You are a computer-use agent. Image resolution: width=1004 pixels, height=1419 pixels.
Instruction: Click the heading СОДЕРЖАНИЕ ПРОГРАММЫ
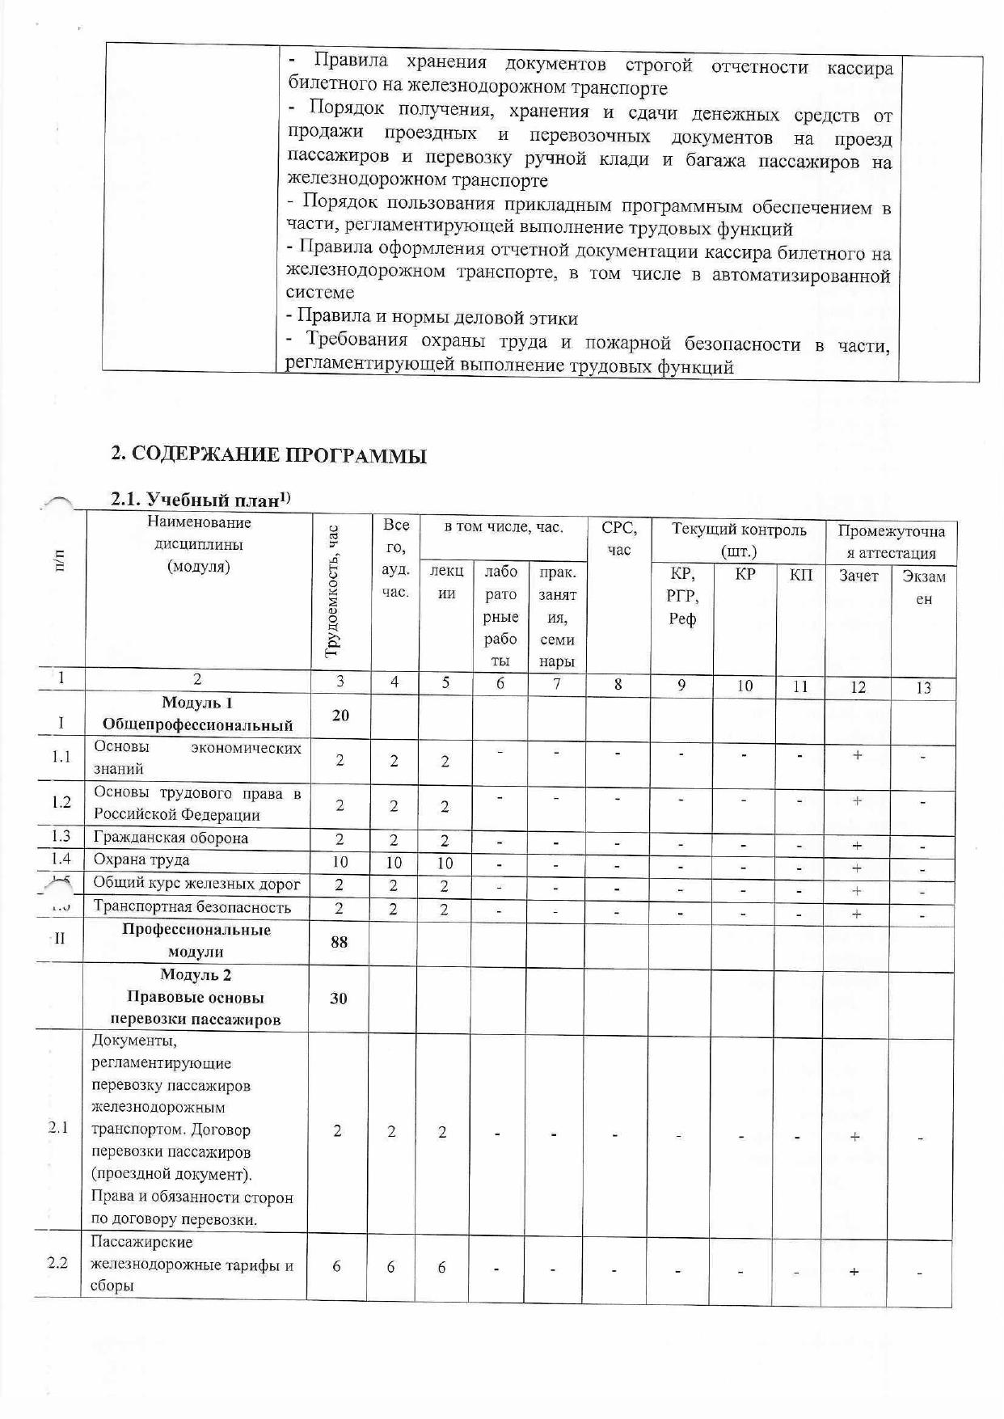pyautogui.click(x=268, y=454)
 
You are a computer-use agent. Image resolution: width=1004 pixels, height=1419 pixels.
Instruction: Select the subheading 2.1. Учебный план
pyautogui.click(x=200, y=500)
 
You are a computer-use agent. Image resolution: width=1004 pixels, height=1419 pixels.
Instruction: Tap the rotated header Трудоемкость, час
pyautogui.click(x=332, y=591)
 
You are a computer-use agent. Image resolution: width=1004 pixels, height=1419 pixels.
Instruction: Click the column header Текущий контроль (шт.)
pyautogui.click(x=738, y=540)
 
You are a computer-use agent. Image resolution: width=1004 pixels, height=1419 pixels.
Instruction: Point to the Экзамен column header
pyautogui.click(x=923, y=588)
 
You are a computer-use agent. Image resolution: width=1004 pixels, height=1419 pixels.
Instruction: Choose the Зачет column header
pyautogui.click(x=858, y=576)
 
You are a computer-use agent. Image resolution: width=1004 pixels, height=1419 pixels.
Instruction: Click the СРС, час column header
pyautogui.click(x=618, y=538)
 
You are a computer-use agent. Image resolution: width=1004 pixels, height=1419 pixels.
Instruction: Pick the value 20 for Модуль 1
pyautogui.click(x=340, y=715)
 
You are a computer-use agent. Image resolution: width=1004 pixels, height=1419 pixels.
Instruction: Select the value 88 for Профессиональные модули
pyautogui.click(x=340, y=941)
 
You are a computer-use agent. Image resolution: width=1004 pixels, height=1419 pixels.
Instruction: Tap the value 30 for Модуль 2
pyautogui.click(x=339, y=998)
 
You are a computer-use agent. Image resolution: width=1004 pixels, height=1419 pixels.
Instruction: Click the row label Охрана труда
pyautogui.click(x=141, y=859)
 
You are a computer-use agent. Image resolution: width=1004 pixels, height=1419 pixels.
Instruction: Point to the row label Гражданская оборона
pyautogui.click(x=171, y=838)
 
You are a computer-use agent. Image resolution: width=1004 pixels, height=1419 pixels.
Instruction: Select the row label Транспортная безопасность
pyautogui.click(x=192, y=907)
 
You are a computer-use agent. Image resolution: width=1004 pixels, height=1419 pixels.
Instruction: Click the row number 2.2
pyautogui.click(x=57, y=1263)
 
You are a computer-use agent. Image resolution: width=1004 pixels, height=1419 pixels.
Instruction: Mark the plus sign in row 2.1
pyautogui.click(x=854, y=1137)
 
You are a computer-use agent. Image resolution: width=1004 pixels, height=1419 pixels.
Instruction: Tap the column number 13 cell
pyautogui.click(x=923, y=688)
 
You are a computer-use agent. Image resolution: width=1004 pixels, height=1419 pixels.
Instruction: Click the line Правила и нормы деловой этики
pyautogui.click(x=432, y=318)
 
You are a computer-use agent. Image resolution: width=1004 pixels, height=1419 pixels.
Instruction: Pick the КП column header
pyautogui.click(x=800, y=576)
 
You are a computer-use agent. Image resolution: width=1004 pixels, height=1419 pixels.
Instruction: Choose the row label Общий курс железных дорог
pyautogui.click(x=196, y=883)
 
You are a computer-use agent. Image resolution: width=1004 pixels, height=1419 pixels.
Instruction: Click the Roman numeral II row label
pyautogui.click(x=59, y=940)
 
